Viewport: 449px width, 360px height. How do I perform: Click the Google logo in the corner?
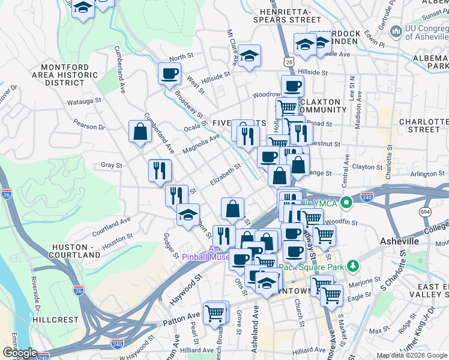click(19, 352)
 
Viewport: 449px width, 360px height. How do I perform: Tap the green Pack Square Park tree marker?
click(354, 265)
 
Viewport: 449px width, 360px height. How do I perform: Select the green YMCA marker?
click(345, 203)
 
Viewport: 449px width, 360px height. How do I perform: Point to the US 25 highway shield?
click(289, 62)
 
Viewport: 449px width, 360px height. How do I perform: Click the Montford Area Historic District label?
click(68, 75)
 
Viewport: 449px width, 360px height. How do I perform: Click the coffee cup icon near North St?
click(169, 74)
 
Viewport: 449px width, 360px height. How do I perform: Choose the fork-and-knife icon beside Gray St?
click(160, 170)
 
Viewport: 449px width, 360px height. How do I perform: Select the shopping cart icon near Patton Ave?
click(215, 313)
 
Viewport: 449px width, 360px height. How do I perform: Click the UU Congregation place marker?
click(396, 31)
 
